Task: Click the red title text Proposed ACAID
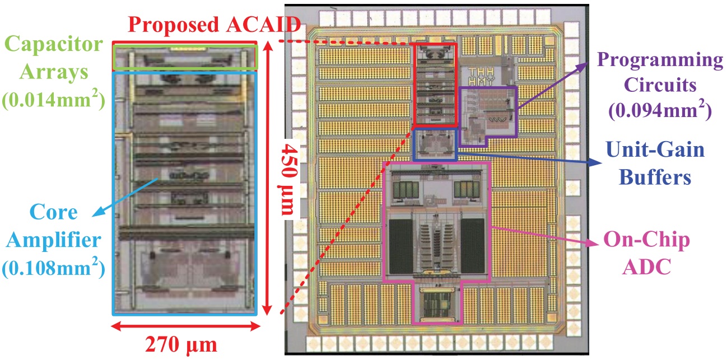pyautogui.click(x=215, y=24)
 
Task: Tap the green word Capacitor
pyautogui.click(x=54, y=44)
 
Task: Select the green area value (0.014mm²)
pyautogui.click(x=54, y=100)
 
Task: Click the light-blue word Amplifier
pyautogui.click(x=54, y=240)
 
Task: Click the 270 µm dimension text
pyautogui.click(x=181, y=345)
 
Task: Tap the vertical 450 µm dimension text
pyautogui.click(x=288, y=180)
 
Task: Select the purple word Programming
pyautogui.click(x=660, y=61)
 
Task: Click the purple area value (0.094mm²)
pyautogui.click(x=660, y=110)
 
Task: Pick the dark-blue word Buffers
pyautogui.click(x=655, y=177)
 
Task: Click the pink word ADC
pyautogui.click(x=646, y=267)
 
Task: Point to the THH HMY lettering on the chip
pyautogui.click(x=482, y=76)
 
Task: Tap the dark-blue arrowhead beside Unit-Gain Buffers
pyautogui.click(x=595, y=162)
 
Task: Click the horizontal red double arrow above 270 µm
pyautogui.click(x=185, y=326)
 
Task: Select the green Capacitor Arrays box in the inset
pyautogui.click(x=185, y=46)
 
